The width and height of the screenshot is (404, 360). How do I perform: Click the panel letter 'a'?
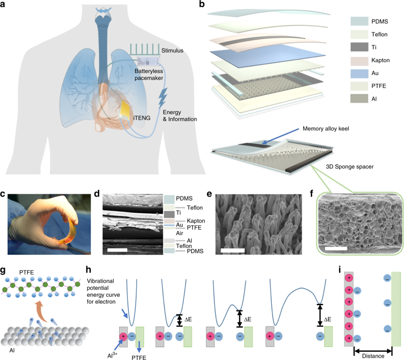5,5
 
